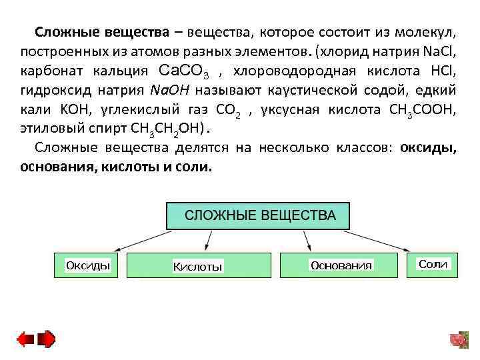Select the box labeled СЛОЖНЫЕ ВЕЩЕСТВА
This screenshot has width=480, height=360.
tap(259, 216)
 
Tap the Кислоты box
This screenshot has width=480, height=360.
tap(198, 265)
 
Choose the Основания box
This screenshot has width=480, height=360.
tap(340, 265)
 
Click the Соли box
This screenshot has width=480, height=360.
tap(433, 264)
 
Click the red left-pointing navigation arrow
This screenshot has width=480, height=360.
tap(25, 339)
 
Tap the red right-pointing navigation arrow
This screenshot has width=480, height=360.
tap(47, 339)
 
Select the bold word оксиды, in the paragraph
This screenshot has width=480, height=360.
tap(428, 147)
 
